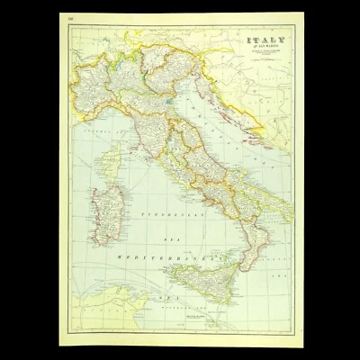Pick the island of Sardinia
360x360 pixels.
(x=106, y=217)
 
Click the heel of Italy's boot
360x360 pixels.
(x=290, y=216)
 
